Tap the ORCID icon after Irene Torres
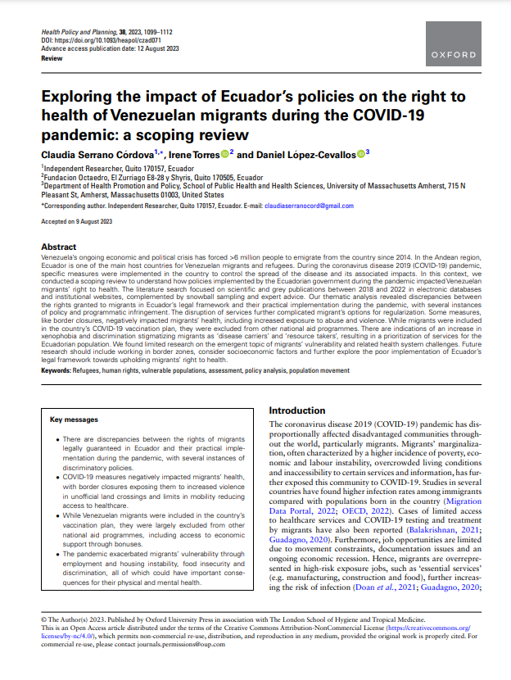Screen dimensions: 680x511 point(224,153)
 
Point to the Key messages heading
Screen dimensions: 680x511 point(74,419)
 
